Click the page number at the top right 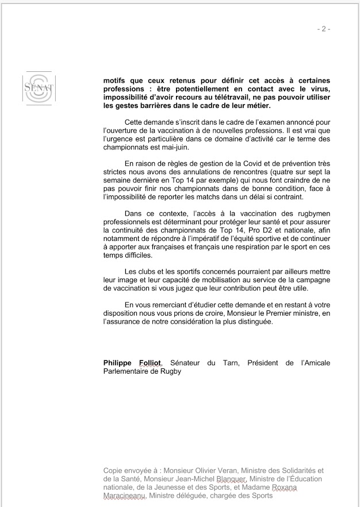324,29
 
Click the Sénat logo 39,89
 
